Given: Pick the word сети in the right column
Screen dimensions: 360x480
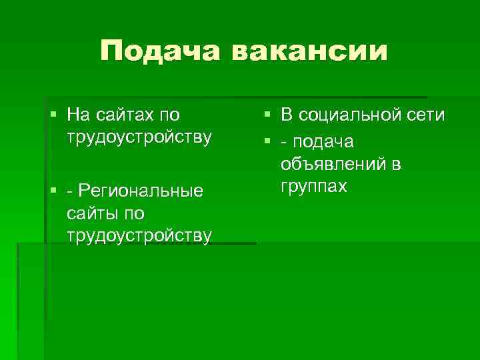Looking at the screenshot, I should click(427, 115).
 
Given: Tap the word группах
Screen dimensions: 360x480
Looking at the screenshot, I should click(313, 186).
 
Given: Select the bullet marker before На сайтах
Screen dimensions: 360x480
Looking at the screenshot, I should click(54, 115).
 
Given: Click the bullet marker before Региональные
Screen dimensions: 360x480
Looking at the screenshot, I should click(54, 192).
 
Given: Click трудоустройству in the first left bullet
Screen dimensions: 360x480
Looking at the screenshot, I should click(139, 137).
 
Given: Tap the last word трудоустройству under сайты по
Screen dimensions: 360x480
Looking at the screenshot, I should click(139, 236).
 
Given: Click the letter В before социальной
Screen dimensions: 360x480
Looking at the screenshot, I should click(285, 115).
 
